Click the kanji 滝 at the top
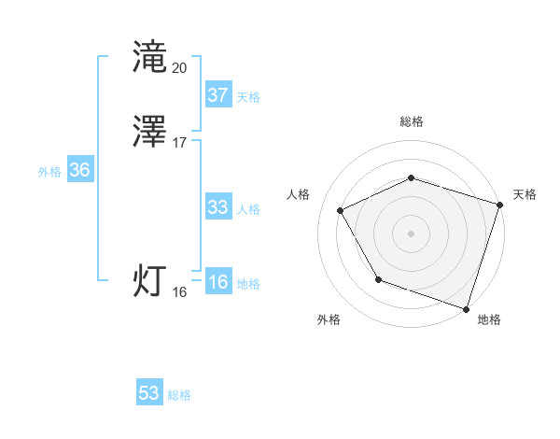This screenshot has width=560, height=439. tap(151, 58)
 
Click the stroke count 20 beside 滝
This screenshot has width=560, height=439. tap(180, 68)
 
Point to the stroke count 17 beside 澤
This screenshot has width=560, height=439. tap(180, 143)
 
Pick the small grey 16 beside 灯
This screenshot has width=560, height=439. tap(180, 292)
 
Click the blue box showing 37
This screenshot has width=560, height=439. tap(217, 95)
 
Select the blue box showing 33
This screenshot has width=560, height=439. tap(217, 207)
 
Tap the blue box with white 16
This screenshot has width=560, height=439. tap(217, 282)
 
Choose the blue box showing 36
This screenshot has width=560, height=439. tap(79, 171)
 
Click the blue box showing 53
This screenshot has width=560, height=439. tap(148, 393)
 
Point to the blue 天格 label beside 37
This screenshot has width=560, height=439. tap(248, 97)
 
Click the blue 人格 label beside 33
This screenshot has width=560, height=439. tap(248, 209)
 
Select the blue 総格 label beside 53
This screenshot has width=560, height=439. tap(179, 395)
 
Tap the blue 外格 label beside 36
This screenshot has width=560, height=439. tap(49, 172)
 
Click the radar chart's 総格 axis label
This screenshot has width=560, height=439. tap(411, 121)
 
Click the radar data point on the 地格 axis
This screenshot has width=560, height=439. tap(466, 308)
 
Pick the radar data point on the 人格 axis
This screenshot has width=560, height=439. tap(341, 210)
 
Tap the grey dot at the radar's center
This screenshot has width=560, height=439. tap(411, 233)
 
